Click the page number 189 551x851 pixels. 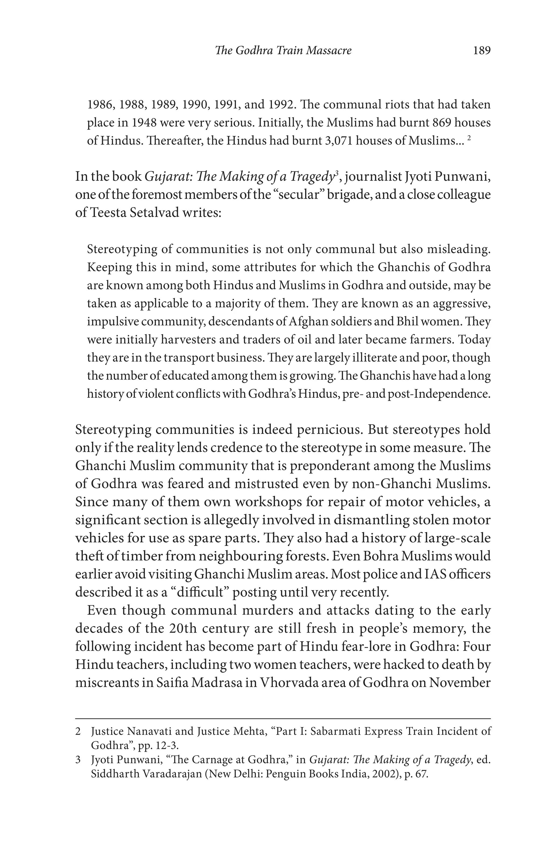481,50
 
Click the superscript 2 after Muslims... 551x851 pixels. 469,138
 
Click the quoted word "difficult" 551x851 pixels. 200,592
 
